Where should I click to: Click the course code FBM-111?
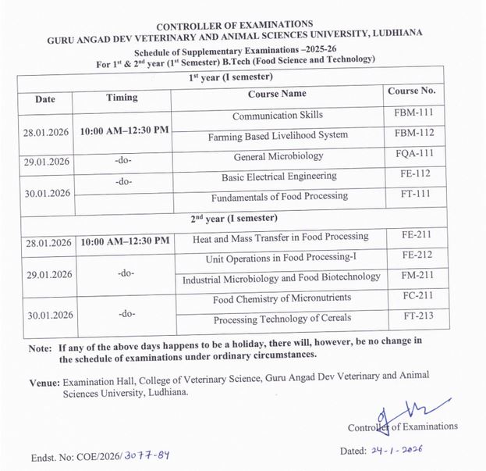[414, 113]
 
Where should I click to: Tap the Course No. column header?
[411, 91]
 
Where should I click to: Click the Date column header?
[45, 99]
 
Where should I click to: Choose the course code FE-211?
[414, 234]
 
